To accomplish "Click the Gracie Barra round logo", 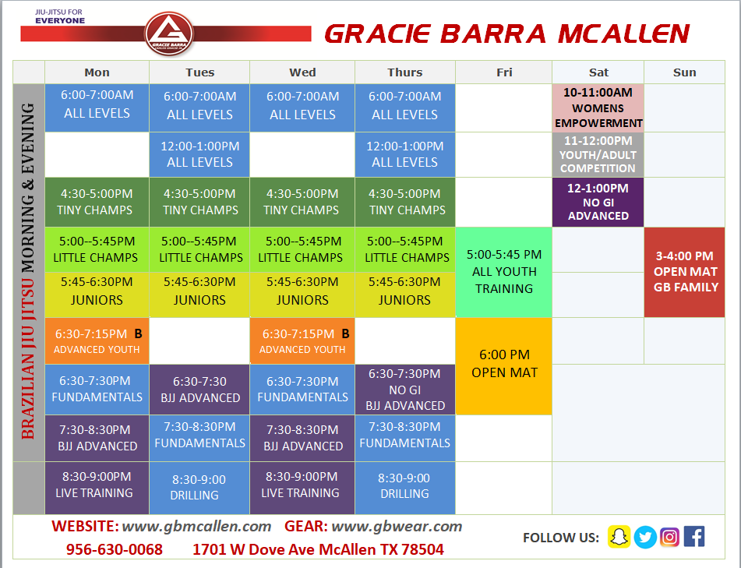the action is coord(169,34).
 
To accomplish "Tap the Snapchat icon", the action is coord(619,537).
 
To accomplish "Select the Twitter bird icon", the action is coord(645,537).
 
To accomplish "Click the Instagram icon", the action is coord(669,537).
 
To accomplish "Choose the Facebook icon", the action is coord(694,537).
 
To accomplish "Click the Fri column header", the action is coord(504,72).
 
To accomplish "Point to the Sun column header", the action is coord(684,72).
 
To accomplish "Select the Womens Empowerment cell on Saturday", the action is coord(598,108).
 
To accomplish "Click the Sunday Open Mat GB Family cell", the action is coord(684,272).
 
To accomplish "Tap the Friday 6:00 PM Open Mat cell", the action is coord(504,365).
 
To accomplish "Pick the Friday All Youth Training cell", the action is coord(504,272).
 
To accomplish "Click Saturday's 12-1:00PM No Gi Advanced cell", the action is coord(598,202).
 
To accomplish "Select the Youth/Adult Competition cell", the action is coord(598,154).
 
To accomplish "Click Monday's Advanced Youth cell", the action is coord(97,340).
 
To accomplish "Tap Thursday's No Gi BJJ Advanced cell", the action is coord(405,390).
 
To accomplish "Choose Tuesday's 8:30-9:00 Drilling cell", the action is coord(199,487).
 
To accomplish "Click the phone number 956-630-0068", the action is coord(115,549).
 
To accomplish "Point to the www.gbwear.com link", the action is coord(397,526).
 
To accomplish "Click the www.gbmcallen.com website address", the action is coord(196,526).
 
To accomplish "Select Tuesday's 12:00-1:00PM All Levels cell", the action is coord(199,154).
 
